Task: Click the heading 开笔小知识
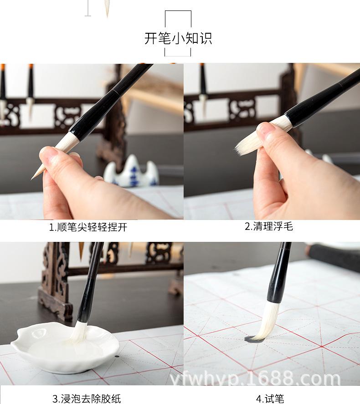[178, 38]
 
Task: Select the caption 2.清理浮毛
[269, 226]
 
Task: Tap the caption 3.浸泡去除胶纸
[86, 399]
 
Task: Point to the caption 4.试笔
[270, 399]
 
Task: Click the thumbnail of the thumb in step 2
[265, 133]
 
